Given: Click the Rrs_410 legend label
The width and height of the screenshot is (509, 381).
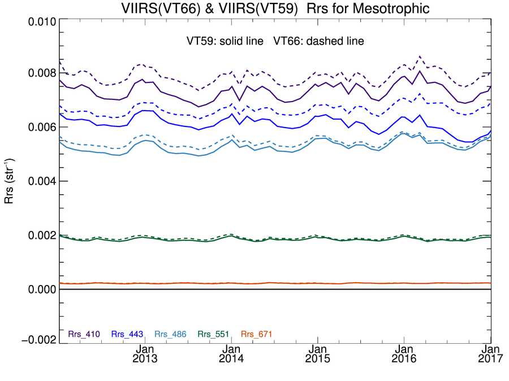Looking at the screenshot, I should [84, 334].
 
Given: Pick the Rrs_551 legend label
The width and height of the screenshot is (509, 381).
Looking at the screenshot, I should [213, 334].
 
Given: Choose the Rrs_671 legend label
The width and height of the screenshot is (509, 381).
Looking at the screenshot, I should [257, 334].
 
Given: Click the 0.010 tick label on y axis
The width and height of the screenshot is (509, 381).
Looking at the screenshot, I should [41, 22].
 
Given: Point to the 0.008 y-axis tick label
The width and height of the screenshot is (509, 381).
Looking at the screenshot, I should [41, 73].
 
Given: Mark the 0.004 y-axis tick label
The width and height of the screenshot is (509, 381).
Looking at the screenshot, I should [41, 182].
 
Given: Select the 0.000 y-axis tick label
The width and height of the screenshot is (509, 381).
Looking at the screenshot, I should [41, 290].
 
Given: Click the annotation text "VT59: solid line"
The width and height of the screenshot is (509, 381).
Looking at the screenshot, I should [225, 41].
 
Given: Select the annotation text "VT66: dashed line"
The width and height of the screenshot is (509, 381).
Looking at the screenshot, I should [318, 41].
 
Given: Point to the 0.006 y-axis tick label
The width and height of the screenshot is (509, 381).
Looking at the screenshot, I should [41, 128].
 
